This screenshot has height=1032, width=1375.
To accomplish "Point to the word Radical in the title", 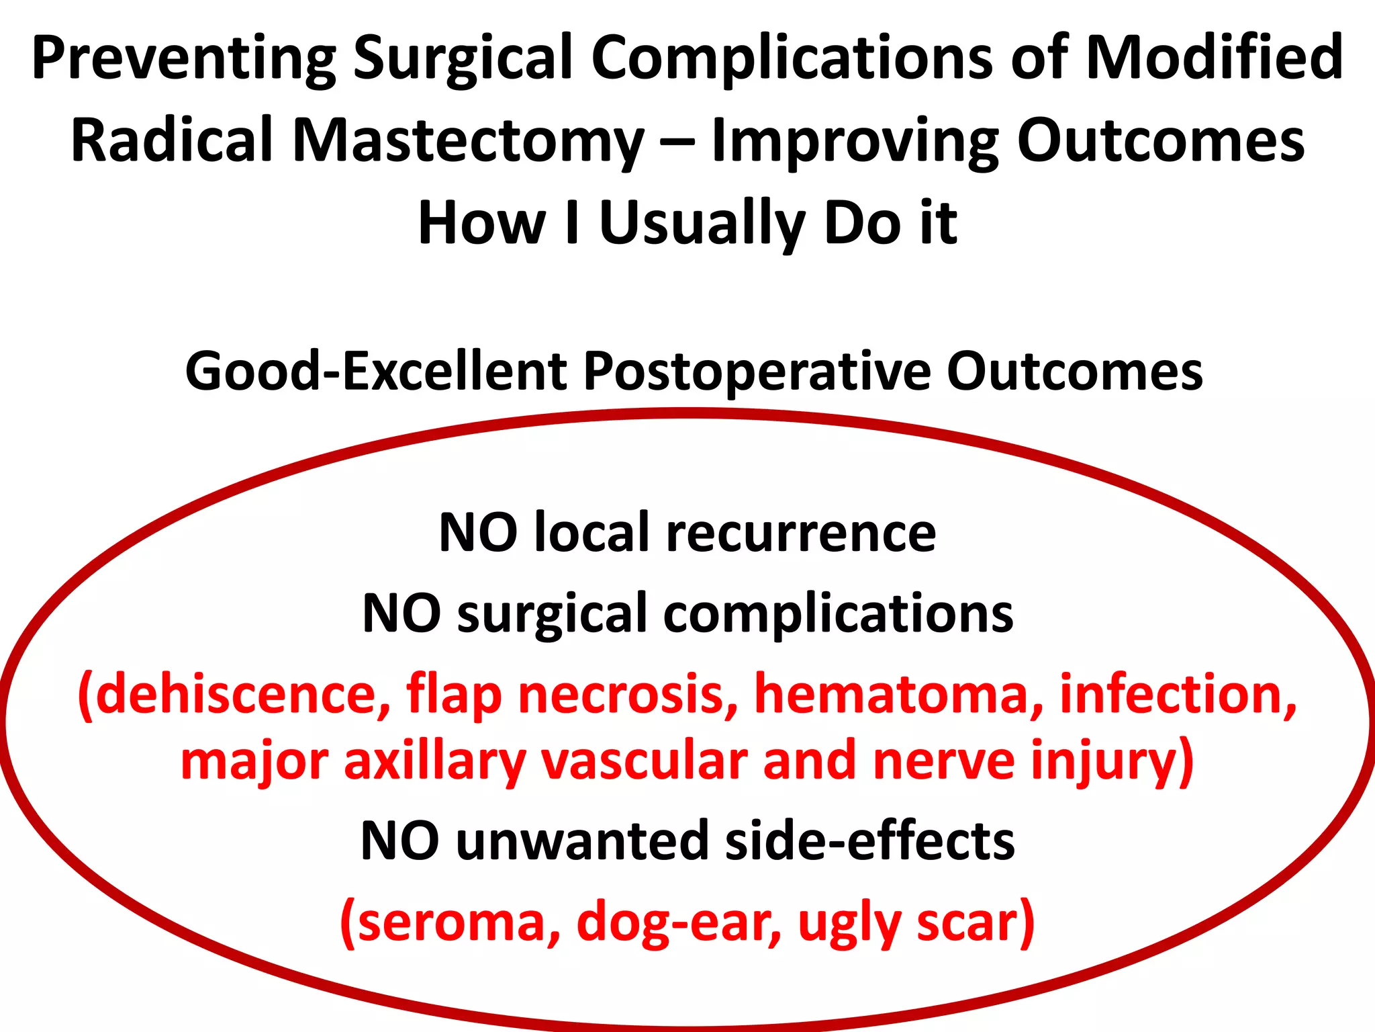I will click(172, 140).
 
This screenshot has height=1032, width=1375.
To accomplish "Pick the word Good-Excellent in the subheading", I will click(376, 372).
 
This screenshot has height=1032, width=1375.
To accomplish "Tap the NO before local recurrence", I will click(478, 533).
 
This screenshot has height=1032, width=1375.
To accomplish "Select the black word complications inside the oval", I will click(839, 613).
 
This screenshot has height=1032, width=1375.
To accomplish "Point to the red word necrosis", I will click(628, 694).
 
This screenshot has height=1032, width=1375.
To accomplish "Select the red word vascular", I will click(645, 761).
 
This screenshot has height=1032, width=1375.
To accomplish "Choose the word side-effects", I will click(870, 841).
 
